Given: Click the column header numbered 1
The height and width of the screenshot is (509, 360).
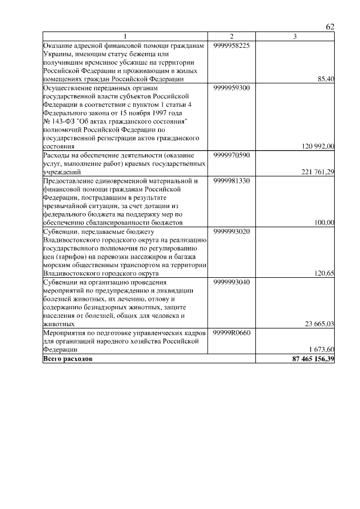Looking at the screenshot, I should click(x=126, y=37).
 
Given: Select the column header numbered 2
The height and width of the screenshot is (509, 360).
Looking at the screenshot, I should click(x=231, y=37).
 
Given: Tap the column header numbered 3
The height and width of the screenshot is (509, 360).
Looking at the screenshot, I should click(x=295, y=37).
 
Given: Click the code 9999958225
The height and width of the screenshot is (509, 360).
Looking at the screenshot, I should click(x=231, y=45).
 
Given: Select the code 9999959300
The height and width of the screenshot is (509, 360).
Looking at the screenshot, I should click(x=231, y=88).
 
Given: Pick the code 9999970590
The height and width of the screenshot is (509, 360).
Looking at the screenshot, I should click(x=231, y=155).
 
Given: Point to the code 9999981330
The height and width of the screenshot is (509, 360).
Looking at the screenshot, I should click(x=231, y=181).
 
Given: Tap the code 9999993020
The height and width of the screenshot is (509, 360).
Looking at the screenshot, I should click(x=231, y=231).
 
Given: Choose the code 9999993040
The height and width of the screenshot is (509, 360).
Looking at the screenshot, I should click(x=231, y=282).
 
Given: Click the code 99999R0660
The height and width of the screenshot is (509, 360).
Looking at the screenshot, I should click(x=231, y=333).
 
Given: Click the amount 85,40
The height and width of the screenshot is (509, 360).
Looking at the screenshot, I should click(x=326, y=79).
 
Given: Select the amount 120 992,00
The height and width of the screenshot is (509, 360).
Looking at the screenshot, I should click(x=318, y=146).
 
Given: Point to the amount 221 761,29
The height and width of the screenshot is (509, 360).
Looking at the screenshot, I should click(x=318, y=172).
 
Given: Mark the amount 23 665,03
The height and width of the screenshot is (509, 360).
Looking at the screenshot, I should click(x=319, y=324).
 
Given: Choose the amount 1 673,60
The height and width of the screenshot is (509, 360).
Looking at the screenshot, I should click(x=322, y=350).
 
